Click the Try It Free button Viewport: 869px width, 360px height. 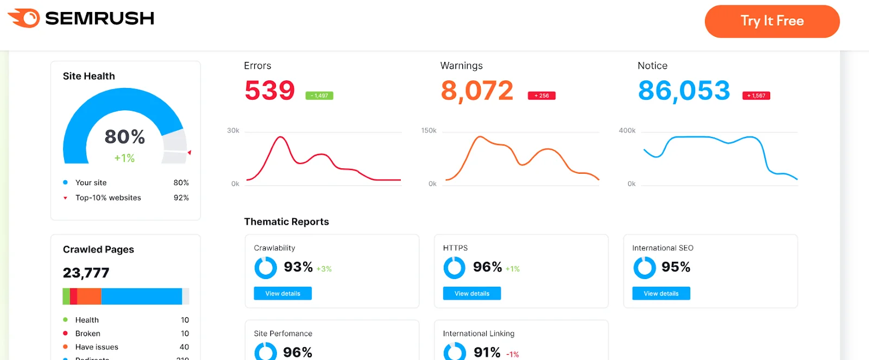[772, 21]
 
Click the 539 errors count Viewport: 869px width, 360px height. [269, 90]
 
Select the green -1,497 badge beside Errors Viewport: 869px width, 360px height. [319, 96]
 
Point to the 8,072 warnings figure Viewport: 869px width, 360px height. [477, 90]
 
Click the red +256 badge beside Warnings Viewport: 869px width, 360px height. [541, 96]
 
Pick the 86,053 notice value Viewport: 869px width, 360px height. [684, 90]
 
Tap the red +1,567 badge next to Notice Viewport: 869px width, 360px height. [756, 96]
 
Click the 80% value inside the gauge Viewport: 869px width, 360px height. [125, 137]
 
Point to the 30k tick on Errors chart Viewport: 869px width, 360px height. [233, 130]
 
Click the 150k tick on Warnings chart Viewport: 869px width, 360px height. [429, 130]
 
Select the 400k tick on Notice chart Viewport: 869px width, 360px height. [627, 130]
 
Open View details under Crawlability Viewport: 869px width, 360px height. [282, 294]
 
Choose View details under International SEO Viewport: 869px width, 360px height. [661, 294]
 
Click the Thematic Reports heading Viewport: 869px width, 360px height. [286, 222]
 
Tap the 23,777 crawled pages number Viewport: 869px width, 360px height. [86, 273]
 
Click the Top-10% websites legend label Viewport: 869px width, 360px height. [108, 198]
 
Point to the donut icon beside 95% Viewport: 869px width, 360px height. [645, 268]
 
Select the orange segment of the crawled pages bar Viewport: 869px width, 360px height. [89, 296]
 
